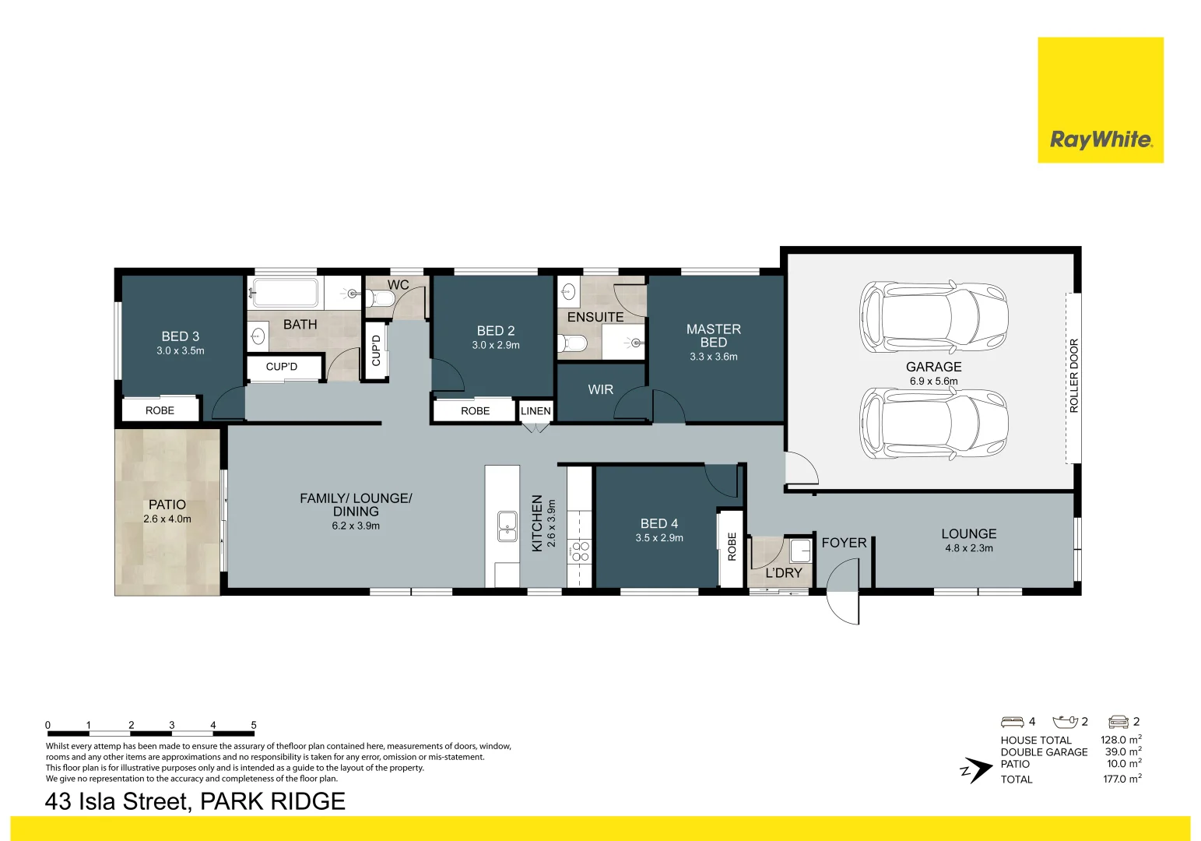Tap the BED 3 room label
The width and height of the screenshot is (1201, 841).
coord(181,336)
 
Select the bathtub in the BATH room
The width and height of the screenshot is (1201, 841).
coord(284,293)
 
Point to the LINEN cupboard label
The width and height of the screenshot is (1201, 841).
coord(536,411)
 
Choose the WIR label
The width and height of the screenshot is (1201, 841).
coord(600,389)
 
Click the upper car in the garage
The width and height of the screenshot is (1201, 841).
coord(933,316)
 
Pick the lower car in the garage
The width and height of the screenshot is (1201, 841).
coord(933,425)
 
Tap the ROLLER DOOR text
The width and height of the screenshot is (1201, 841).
coord(1074,375)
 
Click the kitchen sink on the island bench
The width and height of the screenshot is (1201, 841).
coord(507,526)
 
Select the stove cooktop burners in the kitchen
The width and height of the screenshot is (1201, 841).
coord(581,551)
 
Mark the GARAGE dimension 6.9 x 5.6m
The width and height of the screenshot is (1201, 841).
coord(934,382)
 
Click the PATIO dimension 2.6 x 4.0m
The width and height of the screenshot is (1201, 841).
coord(167,519)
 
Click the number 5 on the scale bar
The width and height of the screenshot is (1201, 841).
coord(254,725)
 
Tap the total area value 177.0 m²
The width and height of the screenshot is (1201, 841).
coord(1122,779)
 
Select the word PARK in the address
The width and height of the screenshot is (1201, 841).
coord(234,801)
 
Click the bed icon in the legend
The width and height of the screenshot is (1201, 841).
coord(1012,722)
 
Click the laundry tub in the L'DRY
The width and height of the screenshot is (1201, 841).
coord(800,551)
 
